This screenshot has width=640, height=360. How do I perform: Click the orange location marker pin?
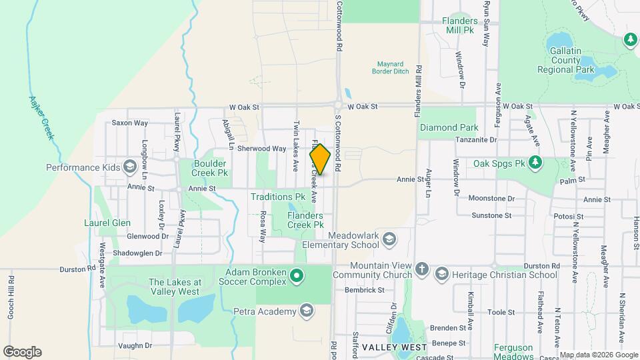click(320, 159)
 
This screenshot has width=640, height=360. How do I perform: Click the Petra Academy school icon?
click(306, 310)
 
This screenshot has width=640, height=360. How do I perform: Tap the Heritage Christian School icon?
click(441, 275)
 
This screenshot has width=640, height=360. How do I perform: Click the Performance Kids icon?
click(130, 167)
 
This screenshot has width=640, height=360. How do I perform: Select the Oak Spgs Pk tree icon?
click(534, 162)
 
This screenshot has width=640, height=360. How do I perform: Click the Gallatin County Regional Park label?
click(566, 59)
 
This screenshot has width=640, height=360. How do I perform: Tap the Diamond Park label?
click(449, 127)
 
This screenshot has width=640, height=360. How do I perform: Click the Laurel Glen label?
click(107, 223)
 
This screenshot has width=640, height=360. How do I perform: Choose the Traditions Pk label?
click(277, 197)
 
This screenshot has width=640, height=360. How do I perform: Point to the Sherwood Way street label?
click(261, 149)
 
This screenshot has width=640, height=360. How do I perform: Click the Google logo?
click(22, 351)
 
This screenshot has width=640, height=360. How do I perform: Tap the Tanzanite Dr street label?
click(476, 140)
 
